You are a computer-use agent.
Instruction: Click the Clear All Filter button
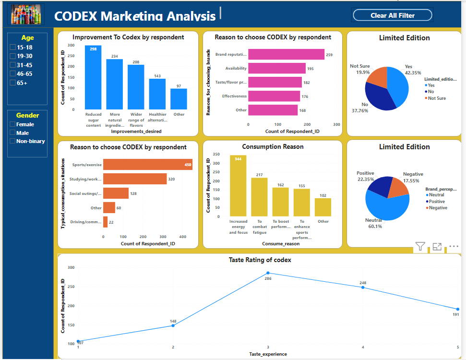pyautogui.click(x=393, y=15)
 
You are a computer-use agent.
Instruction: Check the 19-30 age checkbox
pyautogui.click(x=13, y=56)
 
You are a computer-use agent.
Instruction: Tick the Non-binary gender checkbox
pyautogui.click(x=13, y=141)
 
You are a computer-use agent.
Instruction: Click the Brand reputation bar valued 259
pyautogui.click(x=286, y=55)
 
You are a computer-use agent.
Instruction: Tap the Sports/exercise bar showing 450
pyautogui.click(x=148, y=165)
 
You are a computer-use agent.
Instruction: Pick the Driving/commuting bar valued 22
pyautogui.click(x=106, y=222)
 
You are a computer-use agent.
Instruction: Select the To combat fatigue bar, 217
pyautogui.click(x=259, y=197)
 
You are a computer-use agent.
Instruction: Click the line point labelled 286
pyautogui.click(x=268, y=273)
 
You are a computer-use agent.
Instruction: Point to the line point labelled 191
pyautogui.click(x=457, y=309)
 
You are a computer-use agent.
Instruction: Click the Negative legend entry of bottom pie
pyautogui.click(x=438, y=208)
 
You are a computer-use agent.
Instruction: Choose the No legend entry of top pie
pyautogui.click(x=430, y=92)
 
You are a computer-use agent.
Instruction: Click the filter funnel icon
pyautogui.click(x=420, y=247)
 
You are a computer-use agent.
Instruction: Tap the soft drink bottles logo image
pyautogui.click(x=27, y=14)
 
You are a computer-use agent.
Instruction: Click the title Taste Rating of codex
pyautogui.click(x=260, y=260)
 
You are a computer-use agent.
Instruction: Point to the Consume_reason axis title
pyautogui.click(x=281, y=244)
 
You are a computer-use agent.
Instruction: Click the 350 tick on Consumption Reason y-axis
pyautogui.click(x=216, y=155)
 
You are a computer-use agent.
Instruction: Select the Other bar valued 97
pyautogui.click(x=179, y=99)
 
